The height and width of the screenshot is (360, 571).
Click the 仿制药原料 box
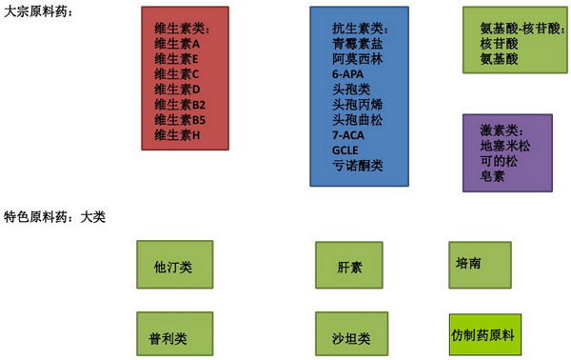coord(484,335)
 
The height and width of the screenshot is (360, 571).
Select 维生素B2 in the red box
coord(180,105)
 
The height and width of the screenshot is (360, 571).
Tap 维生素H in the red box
coord(177,135)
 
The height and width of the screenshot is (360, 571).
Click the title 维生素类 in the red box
coord(181,29)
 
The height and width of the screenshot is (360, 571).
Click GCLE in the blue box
coord(345,150)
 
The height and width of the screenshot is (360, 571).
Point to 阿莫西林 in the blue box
coord(354,59)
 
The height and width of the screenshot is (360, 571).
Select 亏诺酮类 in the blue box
coord(357,166)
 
